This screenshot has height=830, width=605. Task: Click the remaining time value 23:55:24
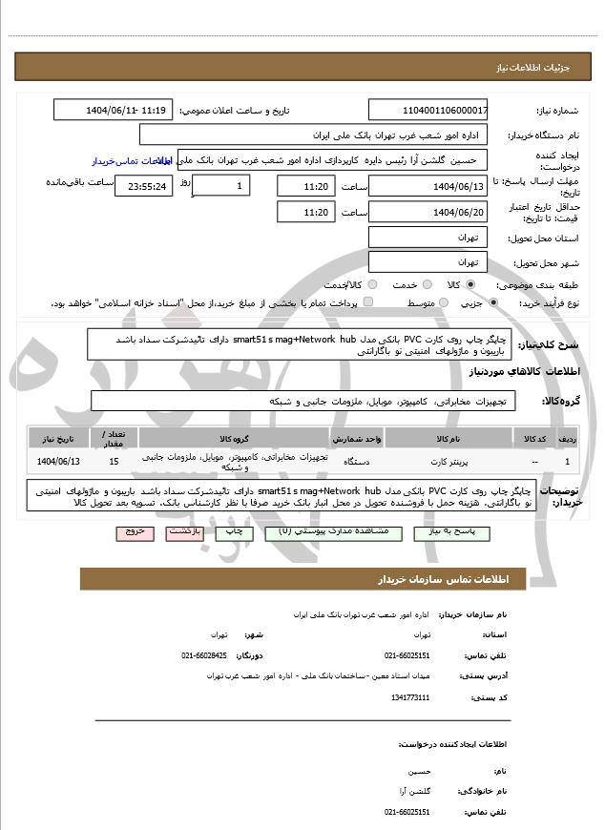[x=143, y=186]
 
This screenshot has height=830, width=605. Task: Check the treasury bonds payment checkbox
[x=369, y=302]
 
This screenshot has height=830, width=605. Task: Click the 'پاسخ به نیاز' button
[x=446, y=530]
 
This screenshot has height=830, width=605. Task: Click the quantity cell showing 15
[x=115, y=462]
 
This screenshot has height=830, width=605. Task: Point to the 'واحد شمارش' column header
[x=357, y=438]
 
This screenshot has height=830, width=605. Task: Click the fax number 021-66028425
[x=204, y=655]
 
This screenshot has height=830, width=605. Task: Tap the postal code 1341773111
[x=410, y=697]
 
